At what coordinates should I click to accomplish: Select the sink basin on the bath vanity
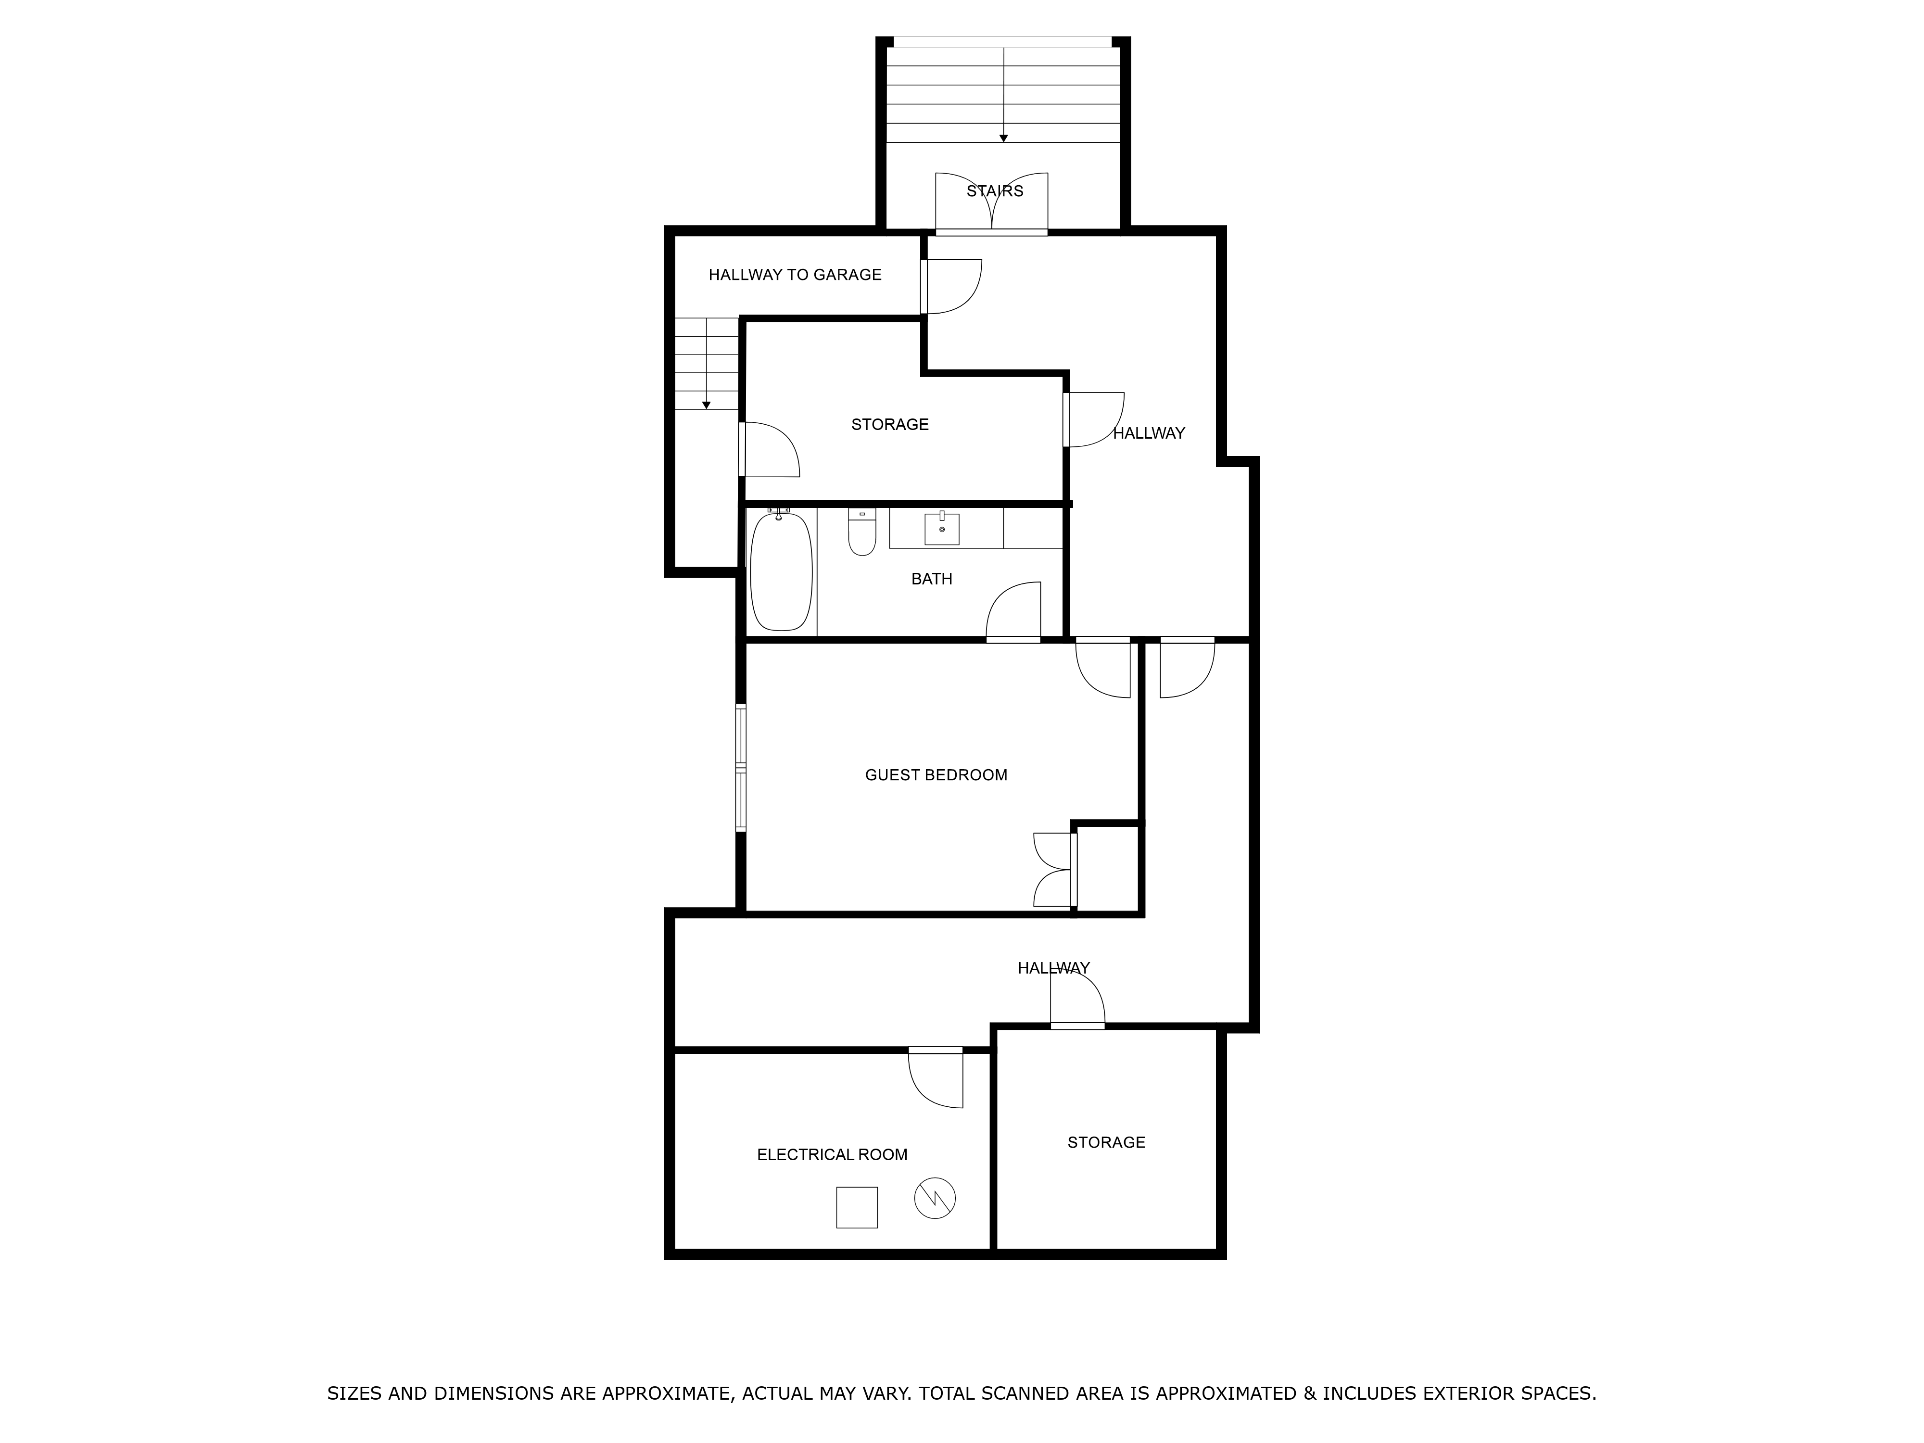coord(941,529)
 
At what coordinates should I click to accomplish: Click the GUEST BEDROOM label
coord(936,775)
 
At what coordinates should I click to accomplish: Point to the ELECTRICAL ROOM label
coord(832,1154)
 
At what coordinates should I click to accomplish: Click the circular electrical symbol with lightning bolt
coord(935,1199)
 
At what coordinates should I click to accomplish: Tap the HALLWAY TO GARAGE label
coord(794,275)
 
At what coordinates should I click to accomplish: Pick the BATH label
coord(932,579)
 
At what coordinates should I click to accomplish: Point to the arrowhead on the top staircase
coord(1003,139)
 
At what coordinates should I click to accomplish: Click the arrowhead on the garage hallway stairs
coord(706,405)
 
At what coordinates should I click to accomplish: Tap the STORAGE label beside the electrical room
coord(1105,1142)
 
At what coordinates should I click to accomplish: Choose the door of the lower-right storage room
coord(1078,1000)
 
